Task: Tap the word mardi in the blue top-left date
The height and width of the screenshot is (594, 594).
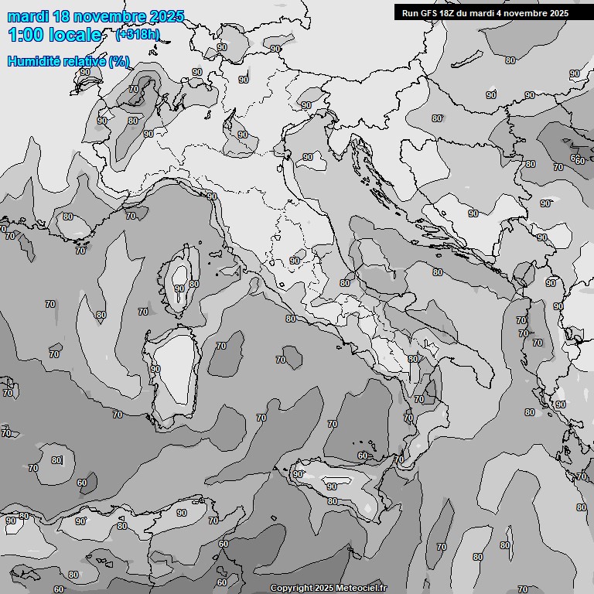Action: click(29, 16)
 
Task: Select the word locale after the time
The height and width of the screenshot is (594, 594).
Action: click(73, 35)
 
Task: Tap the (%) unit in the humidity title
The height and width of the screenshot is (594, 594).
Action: click(119, 61)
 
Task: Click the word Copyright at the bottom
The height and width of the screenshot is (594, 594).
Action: click(291, 589)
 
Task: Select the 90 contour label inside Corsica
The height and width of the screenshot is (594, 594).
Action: click(179, 288)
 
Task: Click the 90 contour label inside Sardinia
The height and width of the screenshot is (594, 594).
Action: click(155, 370)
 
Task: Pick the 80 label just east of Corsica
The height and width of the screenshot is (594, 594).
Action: click(194, 284)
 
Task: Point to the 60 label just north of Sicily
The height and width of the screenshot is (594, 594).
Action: click(362, 456)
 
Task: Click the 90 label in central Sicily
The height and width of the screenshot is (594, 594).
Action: click(332, 486)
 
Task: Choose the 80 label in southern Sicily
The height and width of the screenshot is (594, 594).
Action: click(332, 501)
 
